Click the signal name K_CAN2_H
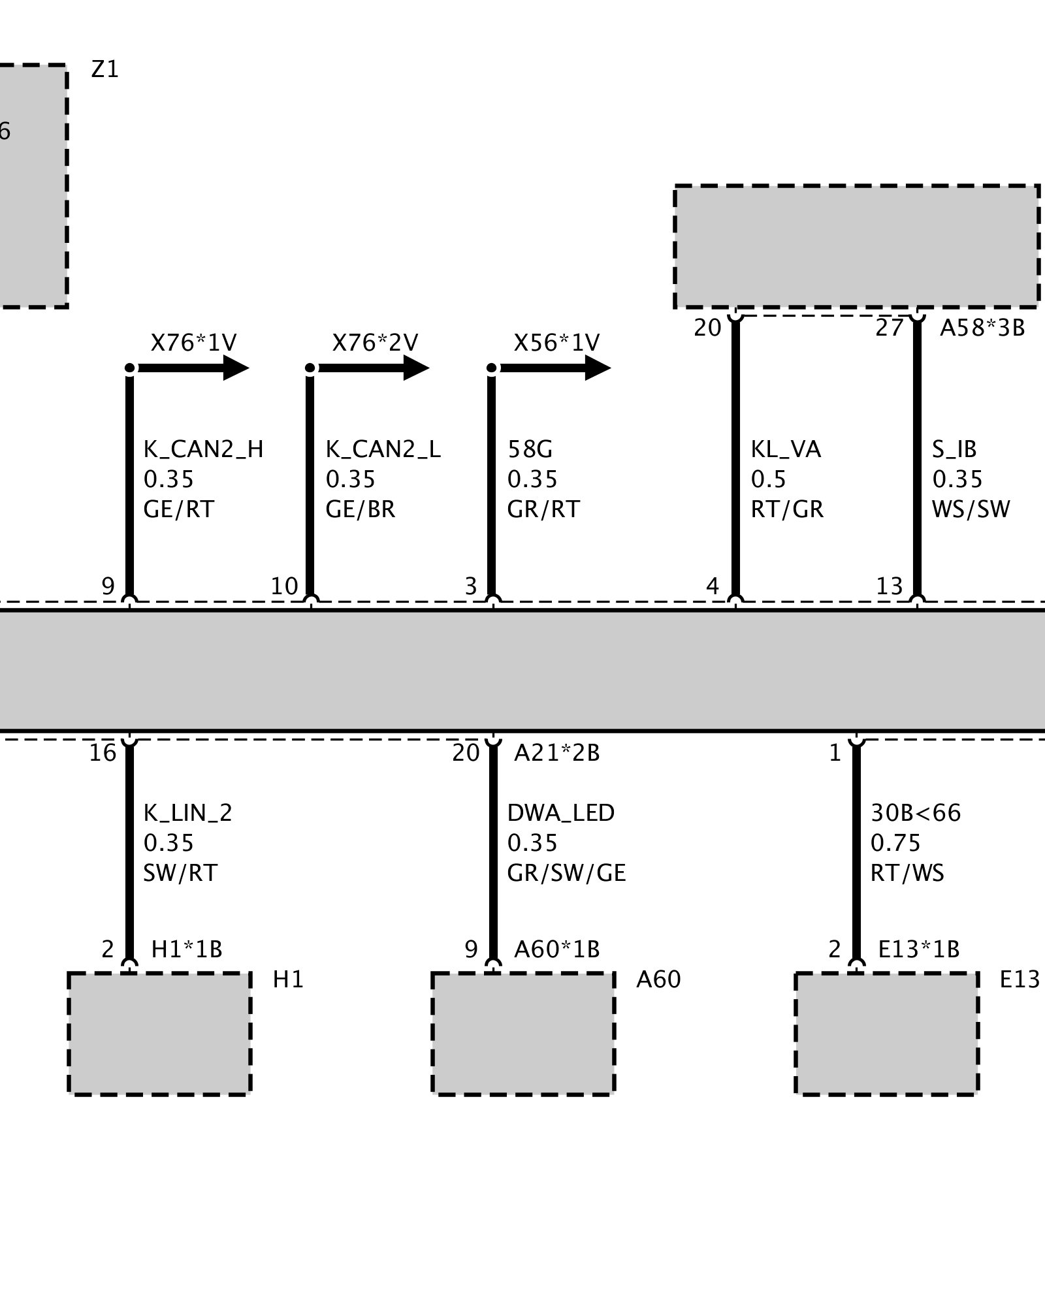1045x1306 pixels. point(203,449)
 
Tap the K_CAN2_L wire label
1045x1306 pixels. point(383,449)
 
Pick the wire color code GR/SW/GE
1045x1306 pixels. point(566,873)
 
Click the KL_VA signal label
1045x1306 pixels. point(786,449)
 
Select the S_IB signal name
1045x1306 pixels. point(954,449)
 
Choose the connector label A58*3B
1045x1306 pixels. point(982,328)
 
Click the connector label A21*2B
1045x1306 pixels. point(556,753)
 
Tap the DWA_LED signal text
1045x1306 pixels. point(560,813)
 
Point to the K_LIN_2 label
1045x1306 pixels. point(187,813)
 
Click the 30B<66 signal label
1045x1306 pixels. point(916,813)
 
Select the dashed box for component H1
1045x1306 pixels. point(159,1033)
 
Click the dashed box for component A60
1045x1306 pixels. point(523,1033)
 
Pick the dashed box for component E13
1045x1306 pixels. point(886,1033)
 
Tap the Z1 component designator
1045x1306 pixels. point(105,69)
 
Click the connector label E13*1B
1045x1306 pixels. point(918,949)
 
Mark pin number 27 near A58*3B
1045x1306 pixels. point(889,328)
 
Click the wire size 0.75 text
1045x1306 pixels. point(895,843)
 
